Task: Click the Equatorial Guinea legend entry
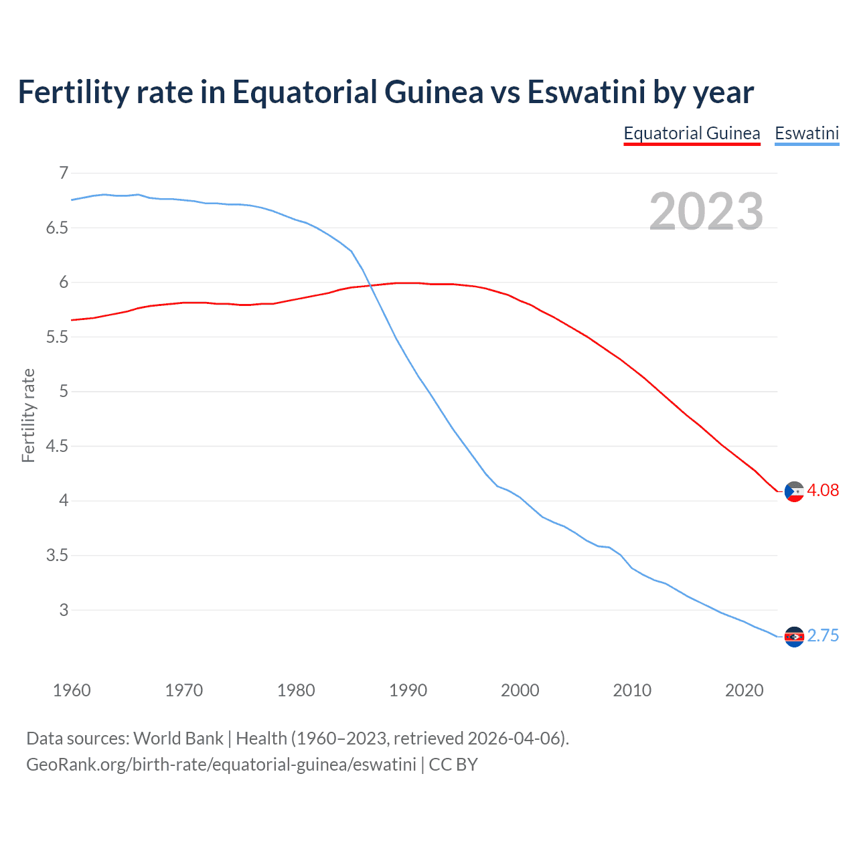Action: pyautogui.click(x=692, y=133)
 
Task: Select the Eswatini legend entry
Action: pyautogui.click(x=807, y=133)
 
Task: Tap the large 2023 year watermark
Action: pyautogui.click(x=706, y=211)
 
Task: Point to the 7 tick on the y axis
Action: pyautogui.click(x=64, y=173)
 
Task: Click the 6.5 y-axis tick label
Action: pyautogui.click(x=57, y=228)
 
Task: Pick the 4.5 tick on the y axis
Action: pyautogui.click(x=57, y=446)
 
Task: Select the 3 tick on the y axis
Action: pyautogui.click(x=64, y=610)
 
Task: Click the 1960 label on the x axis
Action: pyautogui.click(x=72, y=690)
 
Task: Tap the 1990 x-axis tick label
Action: pyautogui.click(x=408, y=690)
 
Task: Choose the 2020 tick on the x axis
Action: pyautogui.click(x=744, y=690)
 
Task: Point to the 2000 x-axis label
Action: pyautogui.click(x=520, y=690)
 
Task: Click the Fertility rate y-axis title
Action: pyautogui.click(x=28, y=415)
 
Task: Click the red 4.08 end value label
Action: pyautogui.click(x=823, y=490)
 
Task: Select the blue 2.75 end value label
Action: pyautogui.click(x=823, y=635)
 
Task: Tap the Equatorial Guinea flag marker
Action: pyautogui.click(x=794, y=491)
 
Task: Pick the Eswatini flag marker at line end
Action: pyautogui.click(x=794, y=637)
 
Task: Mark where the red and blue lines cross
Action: pyautogui.click(x=370, y=286)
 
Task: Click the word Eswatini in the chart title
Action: pyautogui.click(x=586, y=92)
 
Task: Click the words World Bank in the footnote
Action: pyautogui.click(x=178, y=738)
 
